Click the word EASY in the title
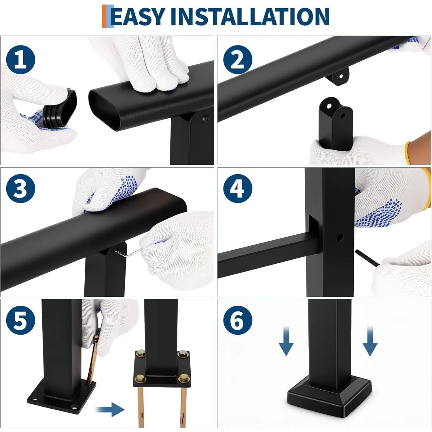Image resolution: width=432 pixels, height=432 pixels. pos(138,16)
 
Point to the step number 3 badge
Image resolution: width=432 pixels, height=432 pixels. pos(20,189)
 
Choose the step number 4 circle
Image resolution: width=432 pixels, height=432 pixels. pos(238,189)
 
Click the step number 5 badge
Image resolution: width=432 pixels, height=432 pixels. pos(20,320)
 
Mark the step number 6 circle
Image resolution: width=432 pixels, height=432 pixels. pos(238,320)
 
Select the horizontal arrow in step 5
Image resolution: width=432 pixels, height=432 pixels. pos(110,409)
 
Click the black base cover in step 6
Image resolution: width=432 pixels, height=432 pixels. pos(329,396)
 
